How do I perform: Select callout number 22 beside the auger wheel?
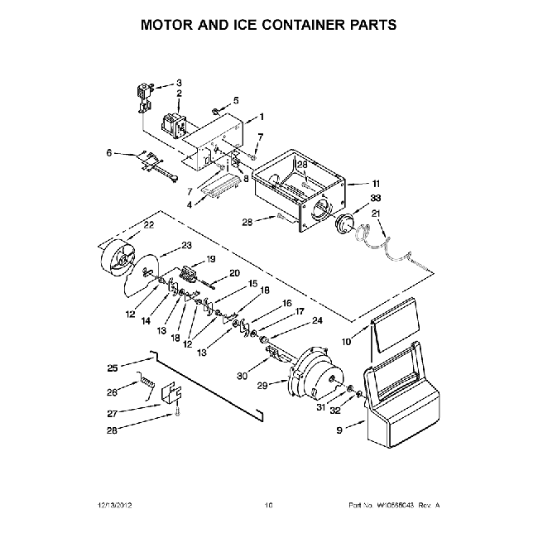tap(148, 225)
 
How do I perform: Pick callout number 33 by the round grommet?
tap(377, 199)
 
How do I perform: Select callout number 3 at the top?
tap(179, 83)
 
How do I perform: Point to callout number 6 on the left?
tap(108, 152)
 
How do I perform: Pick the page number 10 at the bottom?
tap(268, 505)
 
